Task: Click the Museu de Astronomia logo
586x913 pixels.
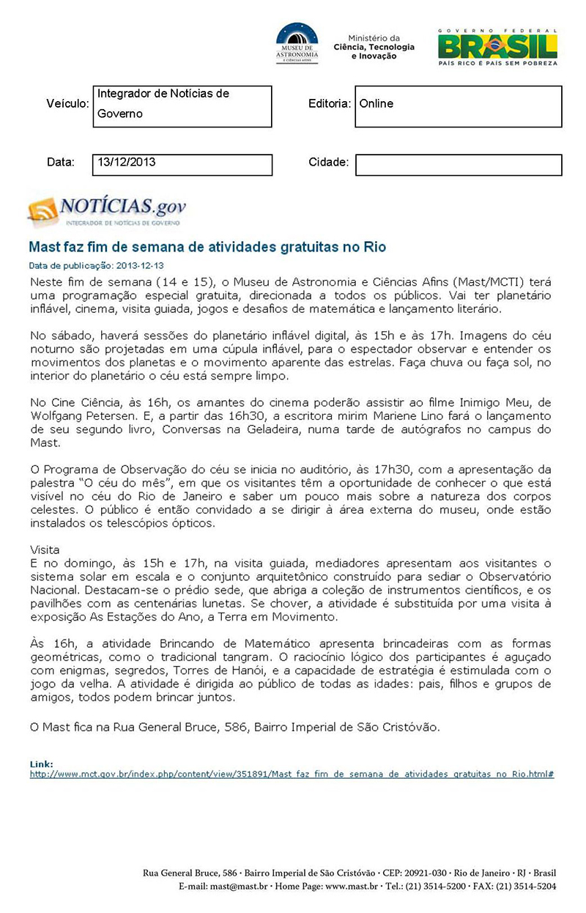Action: pos(297,43)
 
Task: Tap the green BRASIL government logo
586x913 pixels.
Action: pos(497,47)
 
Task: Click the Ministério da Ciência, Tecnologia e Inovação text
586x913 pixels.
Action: pos(374,47)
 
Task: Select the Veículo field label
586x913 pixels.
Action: pos(67,104)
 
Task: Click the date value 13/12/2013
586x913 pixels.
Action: pos(127,163)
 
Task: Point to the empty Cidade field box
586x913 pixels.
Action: pos(459,165)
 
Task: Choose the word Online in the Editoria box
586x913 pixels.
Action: pos(377,104)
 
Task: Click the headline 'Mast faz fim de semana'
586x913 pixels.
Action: pos(207,247)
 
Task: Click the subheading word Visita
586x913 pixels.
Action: pos(45,549)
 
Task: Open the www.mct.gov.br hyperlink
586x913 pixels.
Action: pos(292,774)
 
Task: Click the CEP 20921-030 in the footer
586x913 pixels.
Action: pos(426,873)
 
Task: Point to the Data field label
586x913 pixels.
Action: pos(61,162)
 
